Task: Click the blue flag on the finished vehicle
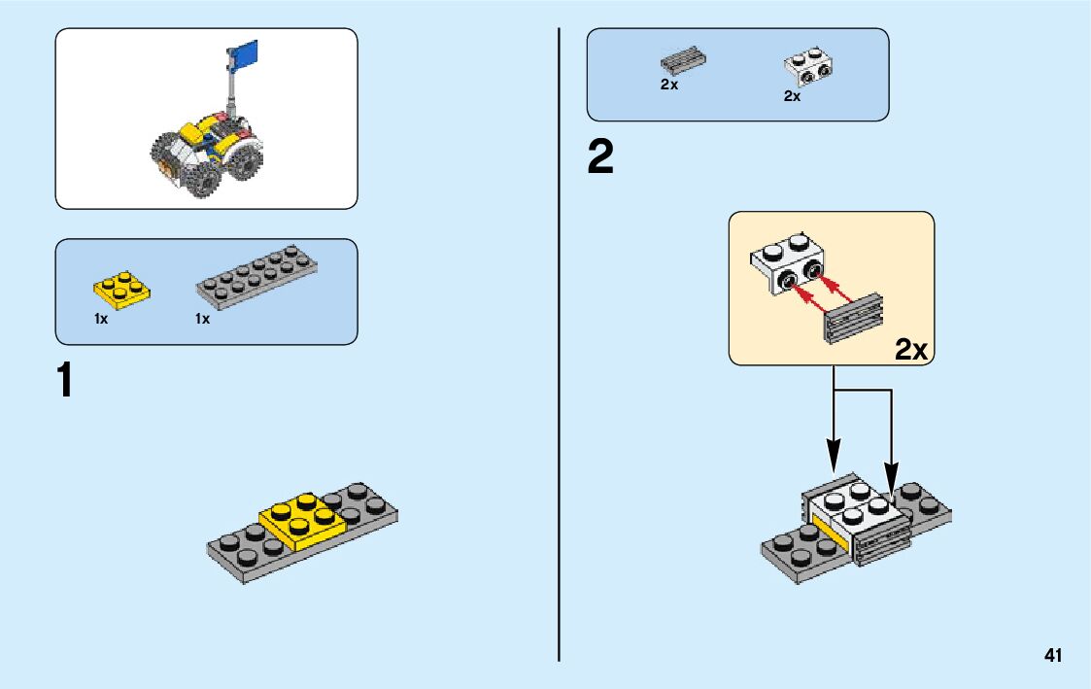pos(244,54)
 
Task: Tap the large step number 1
pos(65,380)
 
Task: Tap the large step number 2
pos(600,158)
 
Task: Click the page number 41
pos(1053,656)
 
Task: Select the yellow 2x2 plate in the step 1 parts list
pos(121,288)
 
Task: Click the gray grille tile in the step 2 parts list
pos(683,60)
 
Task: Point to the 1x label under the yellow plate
pos(101,319)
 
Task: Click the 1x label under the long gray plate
pos(202,319)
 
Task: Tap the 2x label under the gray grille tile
pos(668,85)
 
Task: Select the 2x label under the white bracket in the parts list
pos(792,96)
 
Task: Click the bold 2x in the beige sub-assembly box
pos(910,350)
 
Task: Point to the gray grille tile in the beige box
pos(852,316)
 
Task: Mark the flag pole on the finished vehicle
pos(230,92)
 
